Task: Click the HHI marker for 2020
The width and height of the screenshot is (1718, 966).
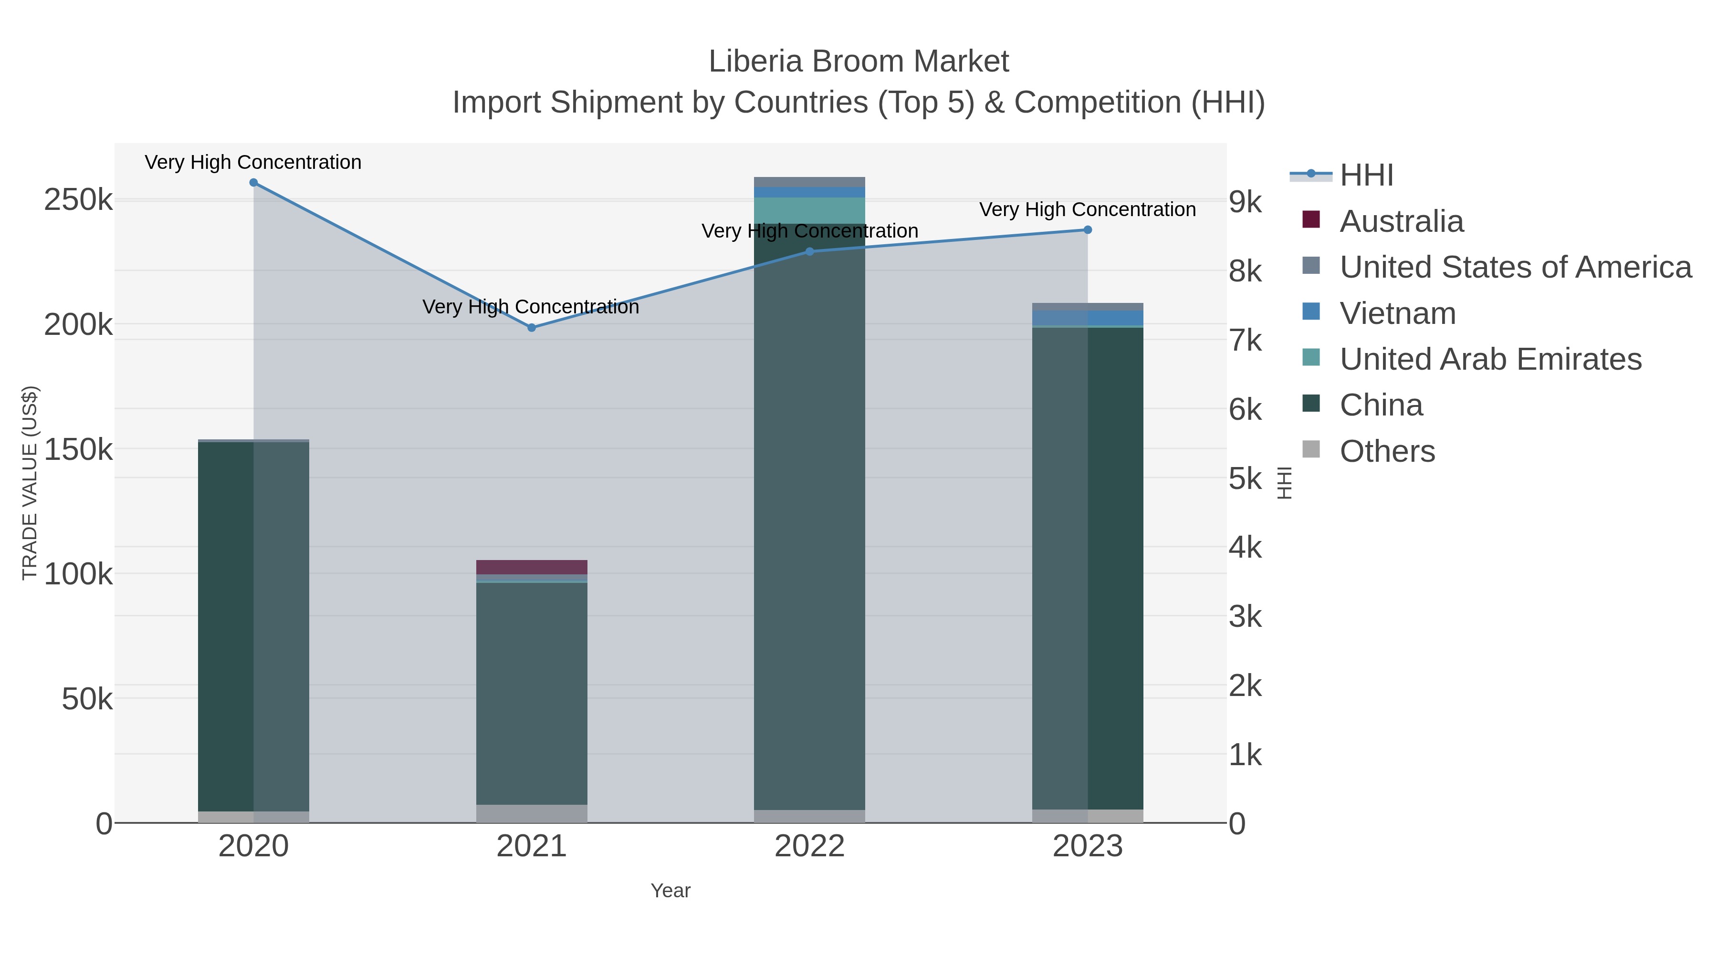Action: [x=253, y=183]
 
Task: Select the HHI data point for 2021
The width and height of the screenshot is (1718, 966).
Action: [x=532, y=327]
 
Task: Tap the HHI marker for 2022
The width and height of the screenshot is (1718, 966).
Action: [x=810, y=251]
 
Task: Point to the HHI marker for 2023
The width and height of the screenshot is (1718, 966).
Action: [x=1088, y=230]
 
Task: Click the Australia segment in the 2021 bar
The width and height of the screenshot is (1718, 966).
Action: [x=532, y=567]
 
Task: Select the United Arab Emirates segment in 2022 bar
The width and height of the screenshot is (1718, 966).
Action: [x=810, y=210]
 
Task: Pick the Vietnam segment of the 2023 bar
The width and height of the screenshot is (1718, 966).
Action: [x=1088, y=318]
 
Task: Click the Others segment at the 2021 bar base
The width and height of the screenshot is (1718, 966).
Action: [x=532, y=813]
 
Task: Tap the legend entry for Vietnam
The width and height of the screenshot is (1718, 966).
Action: [x=1397, y=313]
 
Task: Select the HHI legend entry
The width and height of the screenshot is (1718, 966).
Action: [x=1366, y=176]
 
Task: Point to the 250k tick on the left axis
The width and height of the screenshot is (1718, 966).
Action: [x=78, y=200]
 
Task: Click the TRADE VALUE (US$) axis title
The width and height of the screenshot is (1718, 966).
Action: [x=30, y=483]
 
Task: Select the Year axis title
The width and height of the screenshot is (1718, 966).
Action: [x=670, y=891]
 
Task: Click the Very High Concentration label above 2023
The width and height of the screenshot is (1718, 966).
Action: [x=1087, y=209]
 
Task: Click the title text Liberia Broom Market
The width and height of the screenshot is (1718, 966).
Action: [x=859, y=62]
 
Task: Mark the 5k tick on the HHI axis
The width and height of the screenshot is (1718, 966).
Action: [x=1245, y=478]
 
